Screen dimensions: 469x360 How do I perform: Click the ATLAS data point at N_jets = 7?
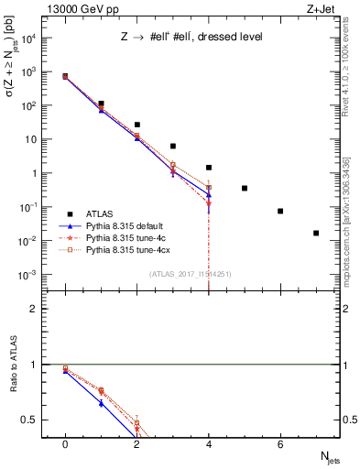tap(316, 233)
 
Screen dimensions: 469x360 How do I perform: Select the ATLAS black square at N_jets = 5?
tap(245, 188)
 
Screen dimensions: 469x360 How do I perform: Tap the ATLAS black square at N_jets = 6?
tap(280, 211)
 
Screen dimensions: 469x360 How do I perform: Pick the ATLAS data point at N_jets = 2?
tap(136, 125)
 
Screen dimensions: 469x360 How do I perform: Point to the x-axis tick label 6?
tap(280, 443)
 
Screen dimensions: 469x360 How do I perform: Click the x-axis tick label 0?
tap(65, 443)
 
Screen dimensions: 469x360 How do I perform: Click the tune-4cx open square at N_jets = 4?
tap(209, 187)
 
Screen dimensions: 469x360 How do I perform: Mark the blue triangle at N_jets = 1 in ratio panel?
tap(101, 403)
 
